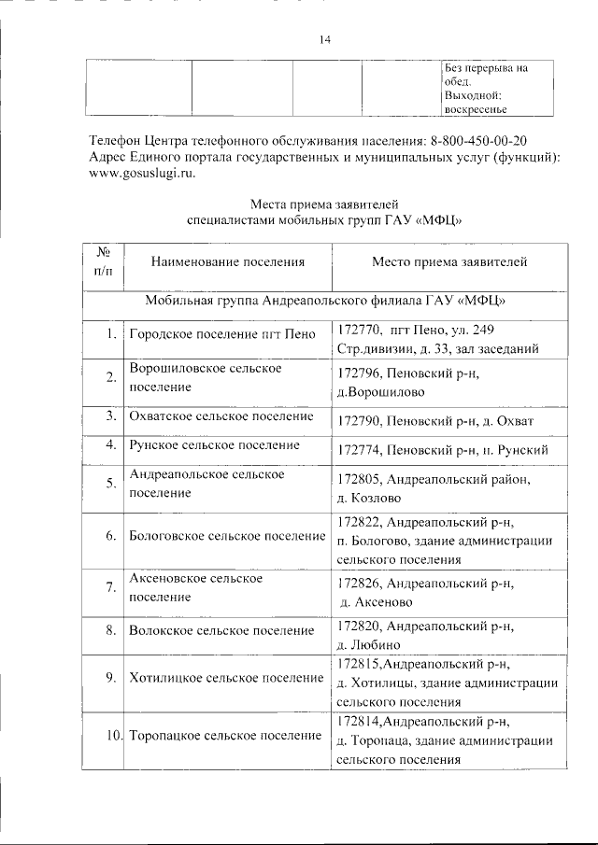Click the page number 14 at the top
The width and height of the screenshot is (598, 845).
tap(324, 39)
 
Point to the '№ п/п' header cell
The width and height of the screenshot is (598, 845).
tap(103, 262)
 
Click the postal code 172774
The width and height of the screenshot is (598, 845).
tap(359, 451)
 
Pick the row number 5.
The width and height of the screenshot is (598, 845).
tap(110, 483)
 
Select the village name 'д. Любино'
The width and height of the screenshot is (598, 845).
tap(368, 643)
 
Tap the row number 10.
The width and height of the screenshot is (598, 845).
tap(112, 737)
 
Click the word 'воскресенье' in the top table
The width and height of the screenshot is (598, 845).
tap(476, 108)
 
